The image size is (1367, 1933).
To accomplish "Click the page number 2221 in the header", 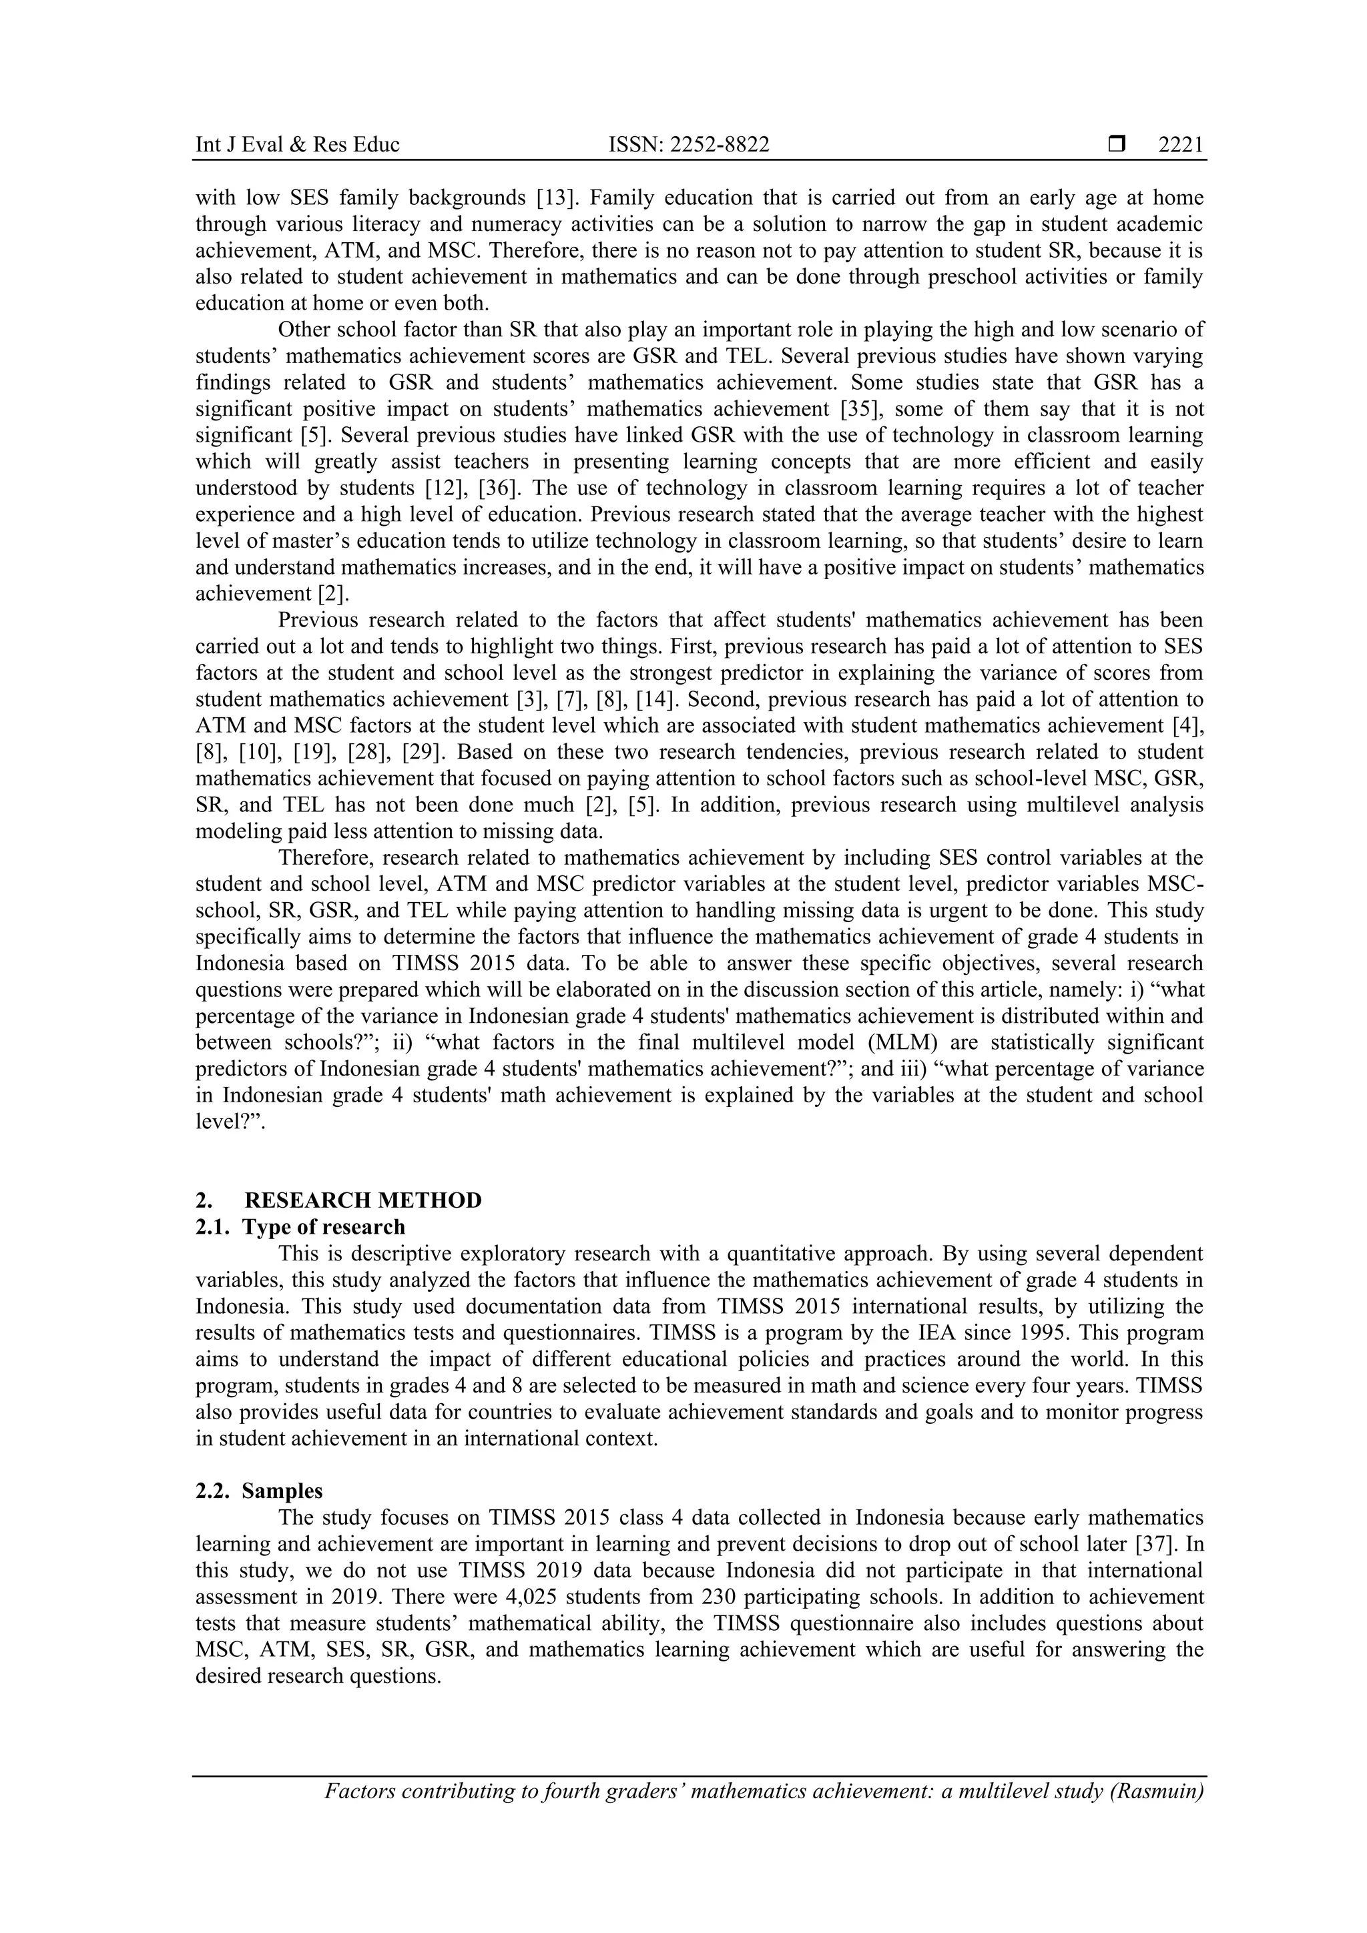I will [x=1180, y=145].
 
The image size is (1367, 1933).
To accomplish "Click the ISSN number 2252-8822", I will [x=688, y=145].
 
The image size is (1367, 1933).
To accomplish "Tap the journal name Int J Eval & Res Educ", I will [x=296, y=145].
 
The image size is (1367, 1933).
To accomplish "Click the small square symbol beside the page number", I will [x=1117, y=145].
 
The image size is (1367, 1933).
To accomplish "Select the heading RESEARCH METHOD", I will [x=363, y=1200].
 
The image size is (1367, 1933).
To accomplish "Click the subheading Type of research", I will [x=324, y=1226].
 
